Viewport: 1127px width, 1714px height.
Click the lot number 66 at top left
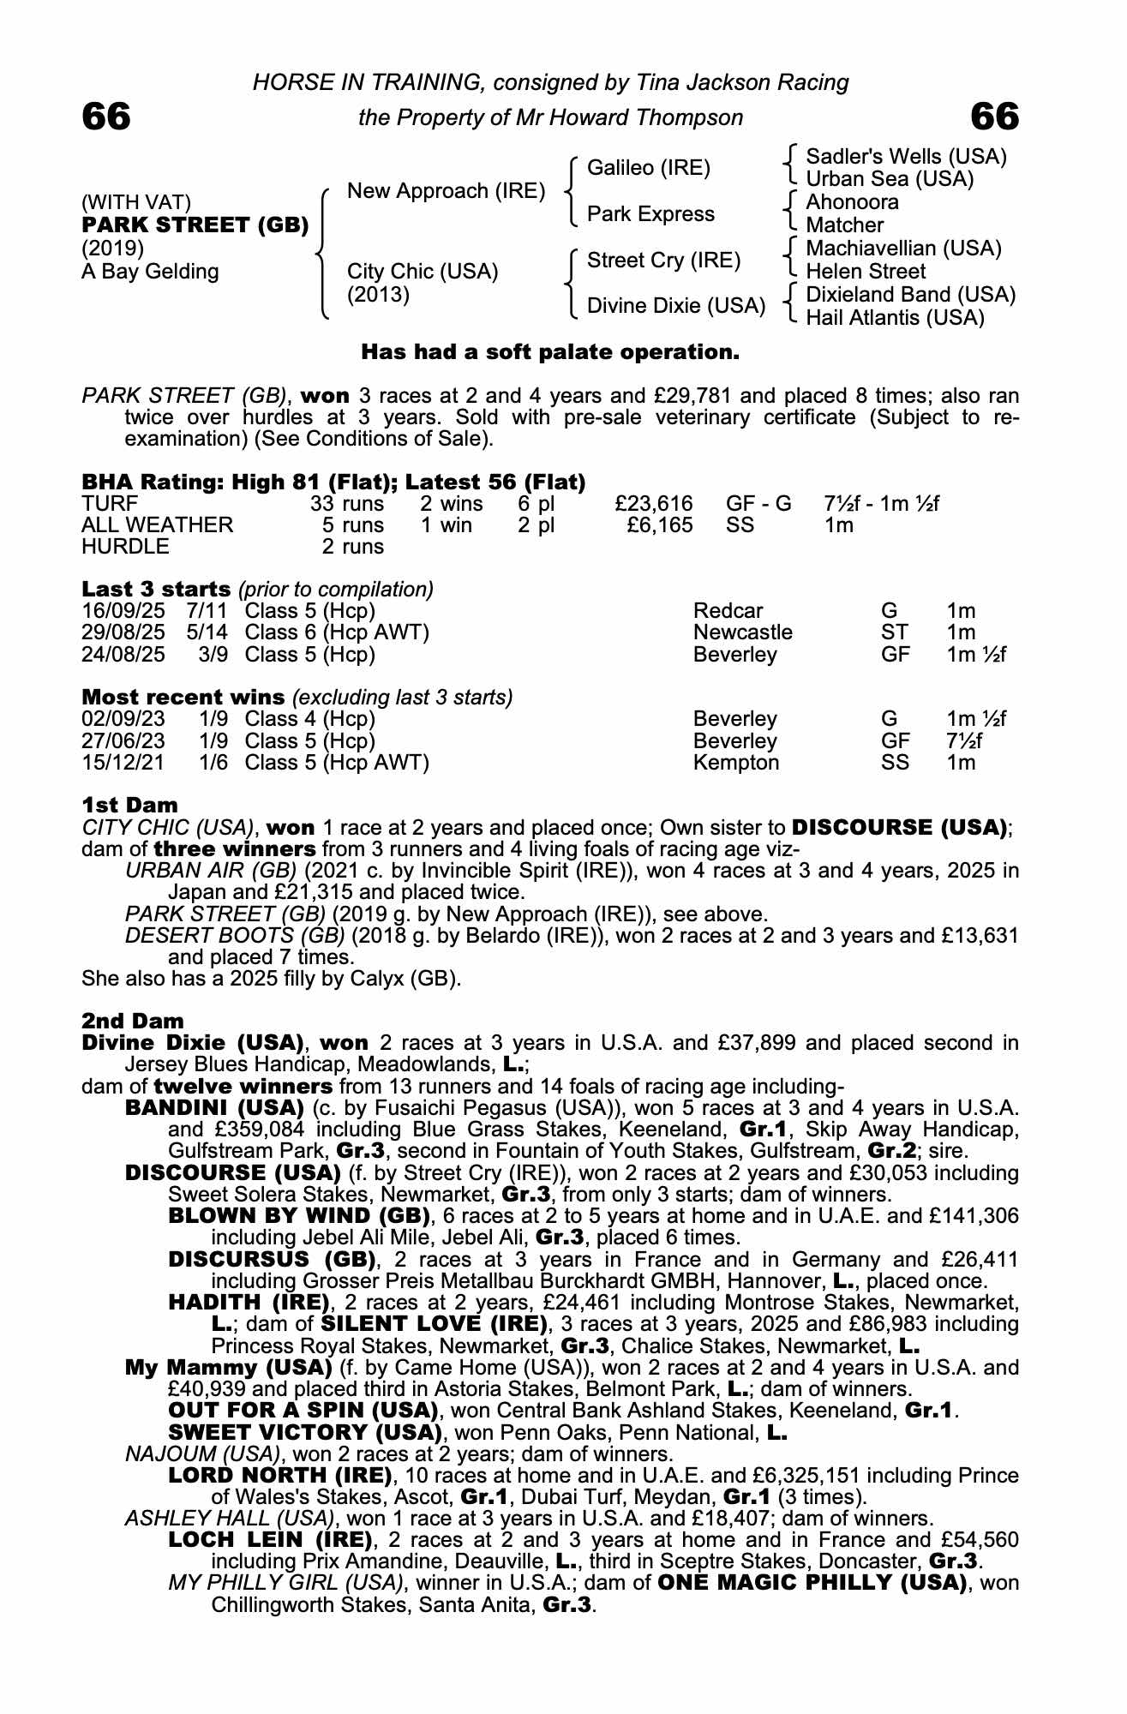click(x=106, y=117)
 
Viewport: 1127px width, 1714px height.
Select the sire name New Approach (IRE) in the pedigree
click(x=446, y=191)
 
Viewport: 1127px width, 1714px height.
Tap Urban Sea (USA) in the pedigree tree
click(x=890, y=179)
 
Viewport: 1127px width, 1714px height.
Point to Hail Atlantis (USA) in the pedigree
click(x=895, y=318)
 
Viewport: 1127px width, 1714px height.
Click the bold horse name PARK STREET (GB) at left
click(x=195, y=225)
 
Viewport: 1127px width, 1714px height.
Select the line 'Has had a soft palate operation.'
click(x=549, y=352)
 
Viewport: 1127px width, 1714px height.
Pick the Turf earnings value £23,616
click(x=654, y=504)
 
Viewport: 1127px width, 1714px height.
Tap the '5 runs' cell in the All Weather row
click(x=353, y=525)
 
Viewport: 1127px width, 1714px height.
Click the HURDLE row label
click(x=125, y=547)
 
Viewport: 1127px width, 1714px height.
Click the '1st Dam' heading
click(x=130, y=806)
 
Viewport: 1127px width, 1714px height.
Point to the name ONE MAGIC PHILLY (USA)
click(x=812, y=1582)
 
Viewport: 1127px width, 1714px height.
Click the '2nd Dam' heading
click(x=133, y=1021)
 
